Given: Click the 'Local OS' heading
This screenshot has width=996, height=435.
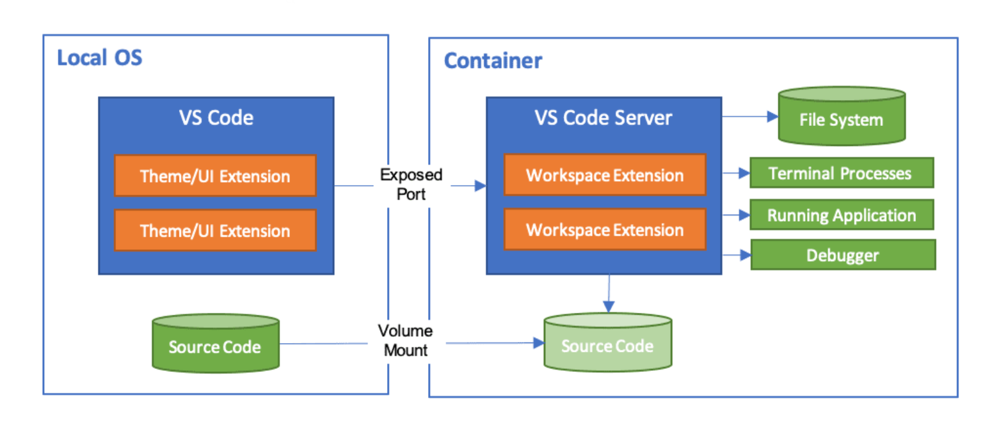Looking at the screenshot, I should click(x=100, y=58).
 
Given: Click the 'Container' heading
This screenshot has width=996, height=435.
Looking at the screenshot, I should click(x=492, y=61).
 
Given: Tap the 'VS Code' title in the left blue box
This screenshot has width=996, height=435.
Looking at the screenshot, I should click(x=216, y=118).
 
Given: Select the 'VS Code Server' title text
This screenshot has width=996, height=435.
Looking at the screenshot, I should click(x=603, y=118).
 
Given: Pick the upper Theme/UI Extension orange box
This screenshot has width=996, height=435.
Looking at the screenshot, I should click(x=215, y=176).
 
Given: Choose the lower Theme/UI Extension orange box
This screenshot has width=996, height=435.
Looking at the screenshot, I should click(x=215, y=230).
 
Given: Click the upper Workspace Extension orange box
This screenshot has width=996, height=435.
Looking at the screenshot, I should click(x=605, y=175).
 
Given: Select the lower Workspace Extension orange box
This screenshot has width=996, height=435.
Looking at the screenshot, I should click(x=605, y=230).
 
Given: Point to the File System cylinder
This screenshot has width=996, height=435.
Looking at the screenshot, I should click(x=841, y=118).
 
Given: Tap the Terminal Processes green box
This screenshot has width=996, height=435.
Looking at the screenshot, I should click(x=840, y=173).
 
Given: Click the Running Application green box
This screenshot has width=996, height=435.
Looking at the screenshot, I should click(x=841, y=215).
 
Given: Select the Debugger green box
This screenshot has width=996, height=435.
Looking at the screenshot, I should click(x=842, y=255).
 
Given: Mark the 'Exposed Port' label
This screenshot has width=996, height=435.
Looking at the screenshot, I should click(x=411, y=184).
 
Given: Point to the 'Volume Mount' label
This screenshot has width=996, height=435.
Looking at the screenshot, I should click(x=405, y=341).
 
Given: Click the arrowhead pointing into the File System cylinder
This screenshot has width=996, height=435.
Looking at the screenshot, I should click(x=772, y=116).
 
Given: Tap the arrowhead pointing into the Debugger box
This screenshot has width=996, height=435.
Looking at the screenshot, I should click(x=745, y=255).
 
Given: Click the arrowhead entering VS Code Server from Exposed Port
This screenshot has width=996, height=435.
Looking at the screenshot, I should click(x=480, y=186).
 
